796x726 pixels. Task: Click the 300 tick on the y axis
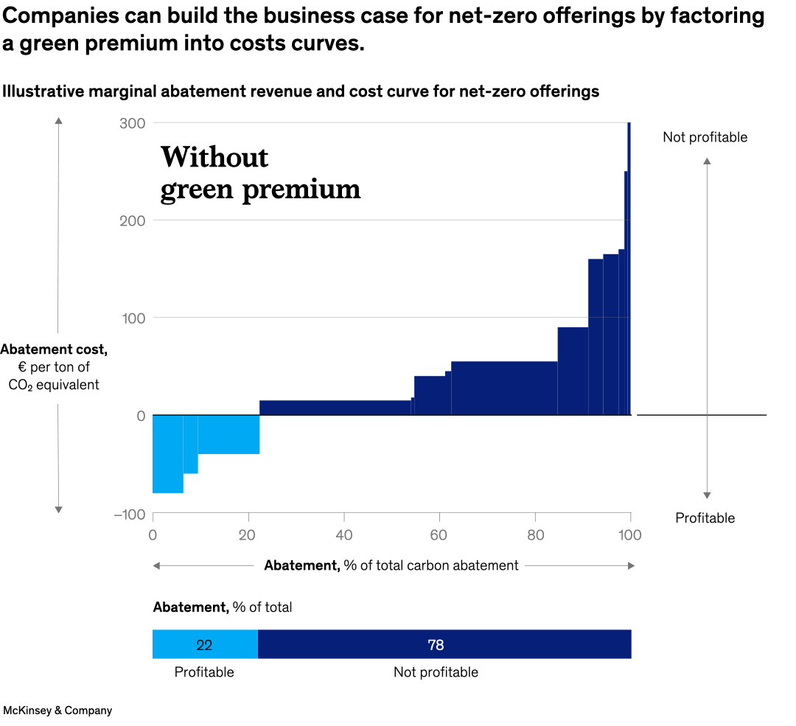[132, 123]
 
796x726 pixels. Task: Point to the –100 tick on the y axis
[129, 514]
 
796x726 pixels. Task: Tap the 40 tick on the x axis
[343, 535]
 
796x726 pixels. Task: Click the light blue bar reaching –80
[167, 454]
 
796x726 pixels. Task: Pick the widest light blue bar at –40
[228, 435]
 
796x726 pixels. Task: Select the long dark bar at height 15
[335, 408]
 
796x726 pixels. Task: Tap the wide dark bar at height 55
[504, 388]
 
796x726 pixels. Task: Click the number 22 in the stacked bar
[204, 645]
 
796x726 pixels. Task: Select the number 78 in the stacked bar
[436, 645]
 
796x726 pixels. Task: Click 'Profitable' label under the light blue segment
[204, 672]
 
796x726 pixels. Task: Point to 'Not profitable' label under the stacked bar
[436, 672]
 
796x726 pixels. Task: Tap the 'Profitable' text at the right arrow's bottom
[705, 518]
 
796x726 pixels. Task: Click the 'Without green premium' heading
[260, 173]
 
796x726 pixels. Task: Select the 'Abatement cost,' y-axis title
[54, 349]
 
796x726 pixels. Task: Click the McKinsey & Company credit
[57, 711]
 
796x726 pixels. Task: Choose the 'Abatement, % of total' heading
[222, 607]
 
